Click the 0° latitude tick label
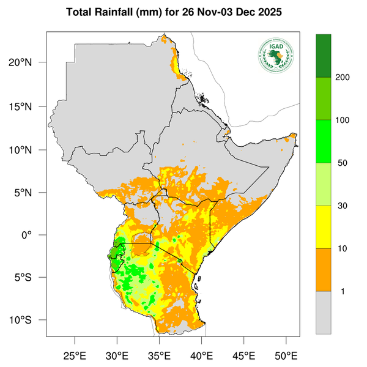click(x=35, y=235)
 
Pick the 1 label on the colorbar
click(x=343, y=291)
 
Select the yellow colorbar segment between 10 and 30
click(x=324, y=227)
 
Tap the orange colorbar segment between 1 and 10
click(x=324, y=270)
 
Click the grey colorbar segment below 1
click(x=324, y=312)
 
